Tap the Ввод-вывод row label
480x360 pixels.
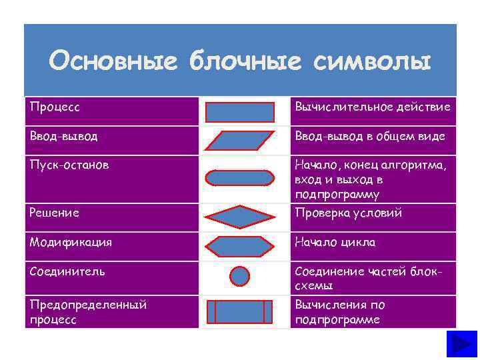[63, 136]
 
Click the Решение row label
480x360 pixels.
[55, 213]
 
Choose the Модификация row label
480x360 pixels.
[71, 242]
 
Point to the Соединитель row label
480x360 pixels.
[67, 271]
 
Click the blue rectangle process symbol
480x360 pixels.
[240, 111]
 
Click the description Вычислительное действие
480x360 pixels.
[373, 107]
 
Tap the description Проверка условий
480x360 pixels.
[348, 213]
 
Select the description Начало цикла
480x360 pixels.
[335, 242]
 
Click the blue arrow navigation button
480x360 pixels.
[461, 346]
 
